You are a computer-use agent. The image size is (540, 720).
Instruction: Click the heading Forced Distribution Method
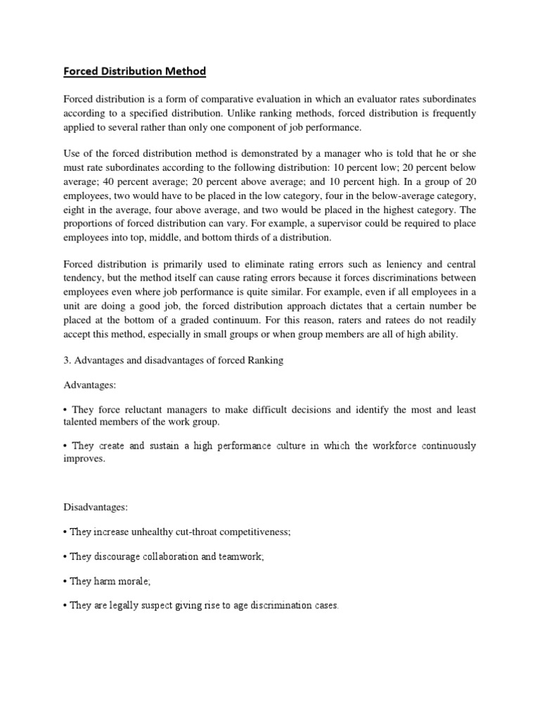coord(135,71)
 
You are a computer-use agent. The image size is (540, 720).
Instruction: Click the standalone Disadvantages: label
coord(96,506)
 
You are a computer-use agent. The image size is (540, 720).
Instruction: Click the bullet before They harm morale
coord(65,581)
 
